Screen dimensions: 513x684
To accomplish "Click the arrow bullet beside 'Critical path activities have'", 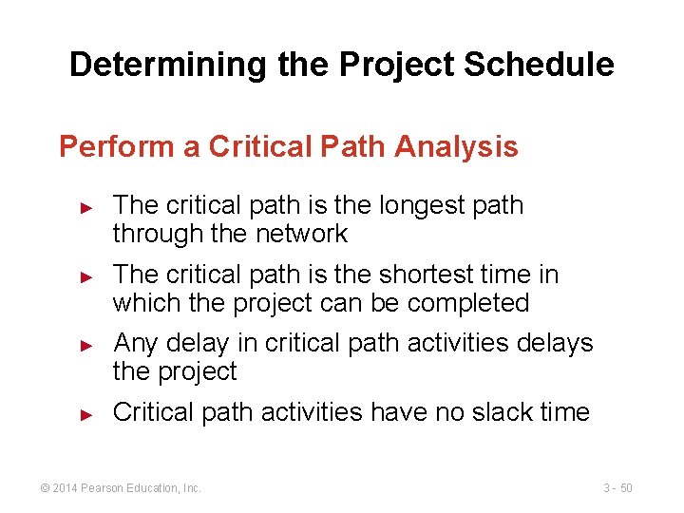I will coord(85,413).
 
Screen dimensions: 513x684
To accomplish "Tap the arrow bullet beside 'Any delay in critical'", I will coord(85,344).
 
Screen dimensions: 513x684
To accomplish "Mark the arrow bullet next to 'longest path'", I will coord(85,206).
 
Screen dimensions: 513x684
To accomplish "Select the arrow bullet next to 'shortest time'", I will coord(85,275).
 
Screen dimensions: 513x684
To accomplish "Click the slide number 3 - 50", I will coord(617,488).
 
